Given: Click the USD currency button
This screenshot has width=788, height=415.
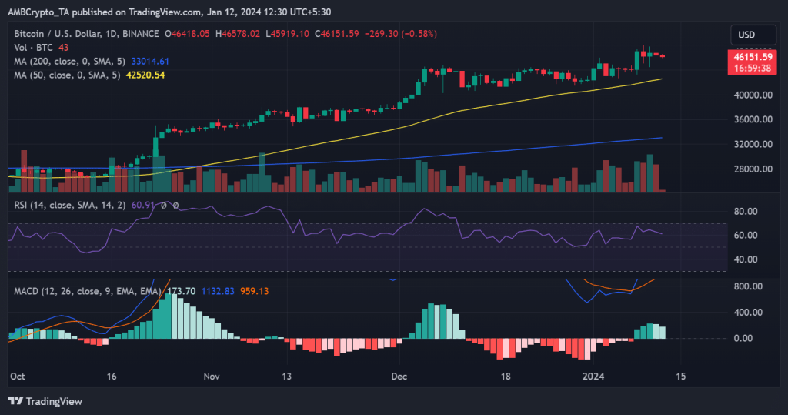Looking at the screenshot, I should (x=746, y=35).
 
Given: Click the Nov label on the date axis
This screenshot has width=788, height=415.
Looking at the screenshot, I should (x=213, y=377).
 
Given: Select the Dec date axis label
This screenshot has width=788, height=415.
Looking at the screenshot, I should (x=399, y=377).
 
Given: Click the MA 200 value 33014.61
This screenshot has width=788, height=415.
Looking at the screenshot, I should (x=152, y=61).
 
